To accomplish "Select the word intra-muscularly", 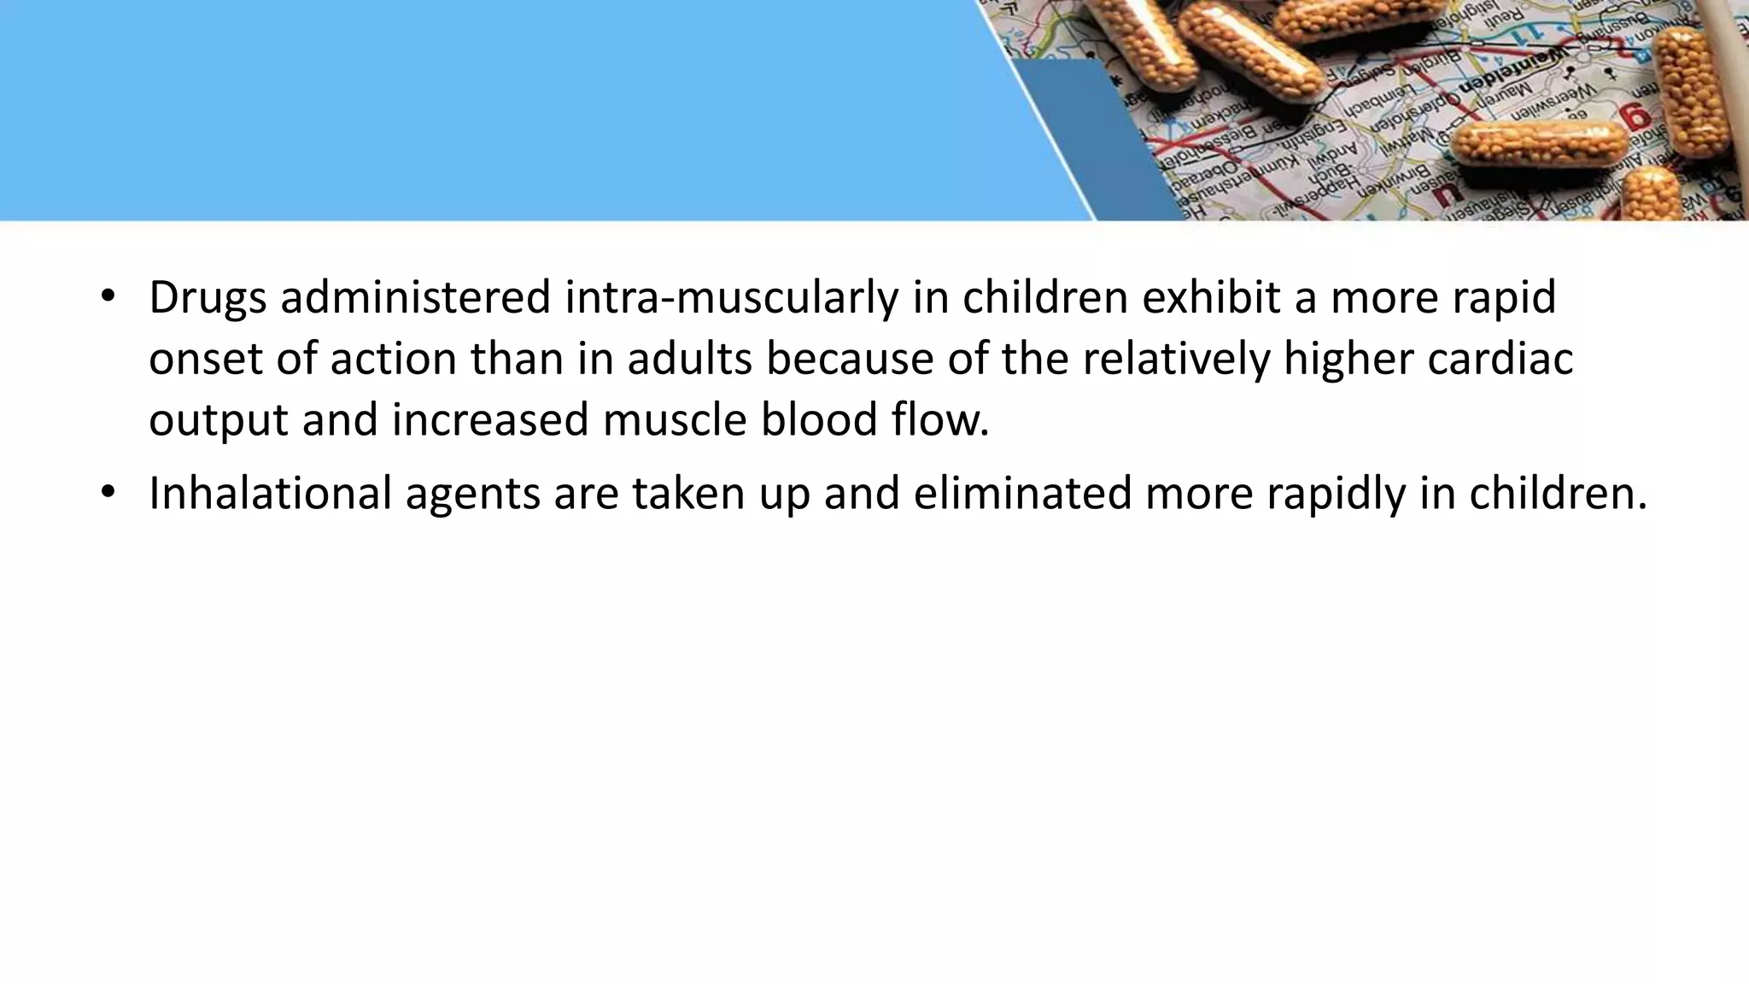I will click(732, 298).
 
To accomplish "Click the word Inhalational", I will click(270, 493).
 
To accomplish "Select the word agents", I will click(472, 495).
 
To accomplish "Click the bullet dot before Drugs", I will click(107, 296).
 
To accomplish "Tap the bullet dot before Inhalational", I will click(107, 492).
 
